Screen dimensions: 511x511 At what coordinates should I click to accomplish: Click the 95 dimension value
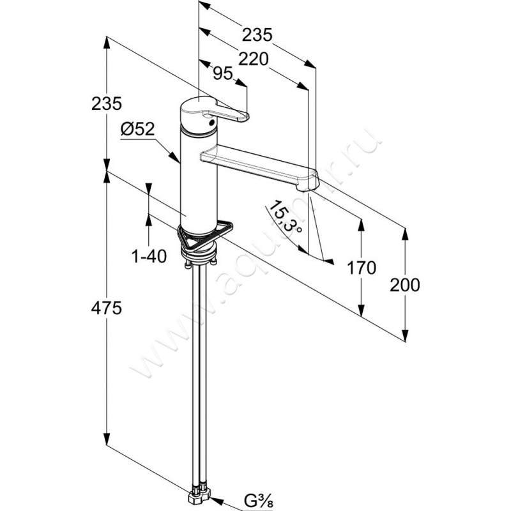[x=222, y=73]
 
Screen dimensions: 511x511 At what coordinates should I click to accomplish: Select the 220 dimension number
[x=253, y=59]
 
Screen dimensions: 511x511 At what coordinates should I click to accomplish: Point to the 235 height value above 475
[x=107, y=103]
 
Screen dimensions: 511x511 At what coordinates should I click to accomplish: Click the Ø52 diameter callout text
[x=137, y=129]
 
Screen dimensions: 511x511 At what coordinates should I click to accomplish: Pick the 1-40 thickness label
[x=149, y=257]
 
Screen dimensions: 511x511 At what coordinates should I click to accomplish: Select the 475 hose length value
[x=107, y=309]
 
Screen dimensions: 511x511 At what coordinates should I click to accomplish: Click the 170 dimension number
[x=363, y=268]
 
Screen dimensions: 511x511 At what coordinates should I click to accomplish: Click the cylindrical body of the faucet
[x=198, y=179]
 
